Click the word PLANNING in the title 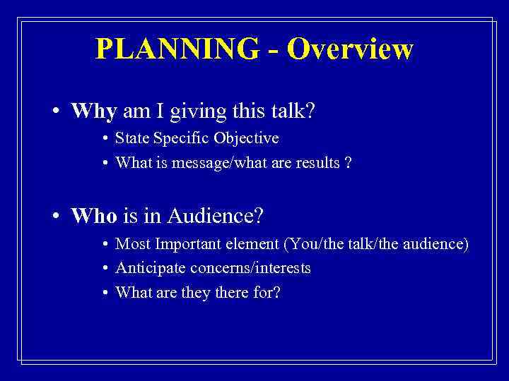point(177,49)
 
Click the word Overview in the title point(351,49)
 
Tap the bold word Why point(95,112)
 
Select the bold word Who point(94,216)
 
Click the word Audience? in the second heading point(216,216)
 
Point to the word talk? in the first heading point(293,112)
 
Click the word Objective point(243,138)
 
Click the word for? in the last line point(267,292)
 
